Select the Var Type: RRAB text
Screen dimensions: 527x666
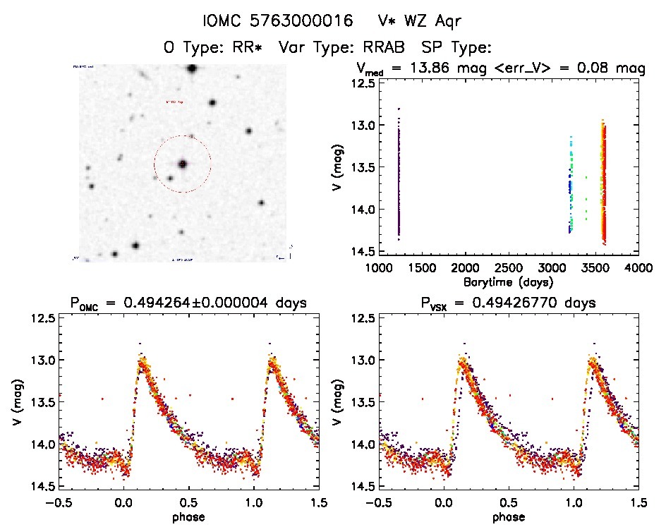[344, 48]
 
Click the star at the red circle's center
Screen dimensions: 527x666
[183, 164]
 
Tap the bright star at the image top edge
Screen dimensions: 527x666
[191, 68]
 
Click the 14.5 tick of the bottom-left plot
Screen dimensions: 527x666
[44, 485]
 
